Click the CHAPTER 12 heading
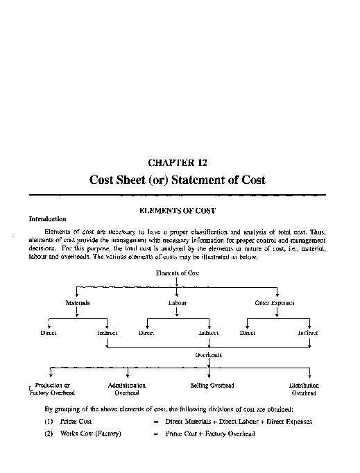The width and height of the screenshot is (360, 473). (x=178, y=163)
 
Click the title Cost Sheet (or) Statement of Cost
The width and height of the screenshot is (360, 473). (x=178, y=180)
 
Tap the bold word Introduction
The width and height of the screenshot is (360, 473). (x=47, y=218)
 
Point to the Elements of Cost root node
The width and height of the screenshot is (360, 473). (x=178, y=273)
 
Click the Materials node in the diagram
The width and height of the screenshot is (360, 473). (x=77, y=303)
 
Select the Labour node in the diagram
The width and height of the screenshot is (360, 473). (x=178, y=303)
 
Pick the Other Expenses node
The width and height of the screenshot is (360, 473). (x=275, y=303)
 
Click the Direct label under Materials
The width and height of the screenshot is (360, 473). (x=48, y=333)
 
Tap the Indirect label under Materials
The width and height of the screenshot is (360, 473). (x=108, y=333)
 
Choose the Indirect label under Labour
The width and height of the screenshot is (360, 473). (x=209, y=333)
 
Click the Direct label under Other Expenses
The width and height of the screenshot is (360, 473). (x=248, y=333)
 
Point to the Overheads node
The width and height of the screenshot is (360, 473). (x=209, y=354)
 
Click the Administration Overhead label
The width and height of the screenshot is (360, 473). (x=126, y=388)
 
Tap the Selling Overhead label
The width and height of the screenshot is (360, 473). (x=212, y=385)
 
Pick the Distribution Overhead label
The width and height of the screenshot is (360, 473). (x=305, y=388)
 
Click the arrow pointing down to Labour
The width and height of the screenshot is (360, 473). (x=178, y=293)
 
